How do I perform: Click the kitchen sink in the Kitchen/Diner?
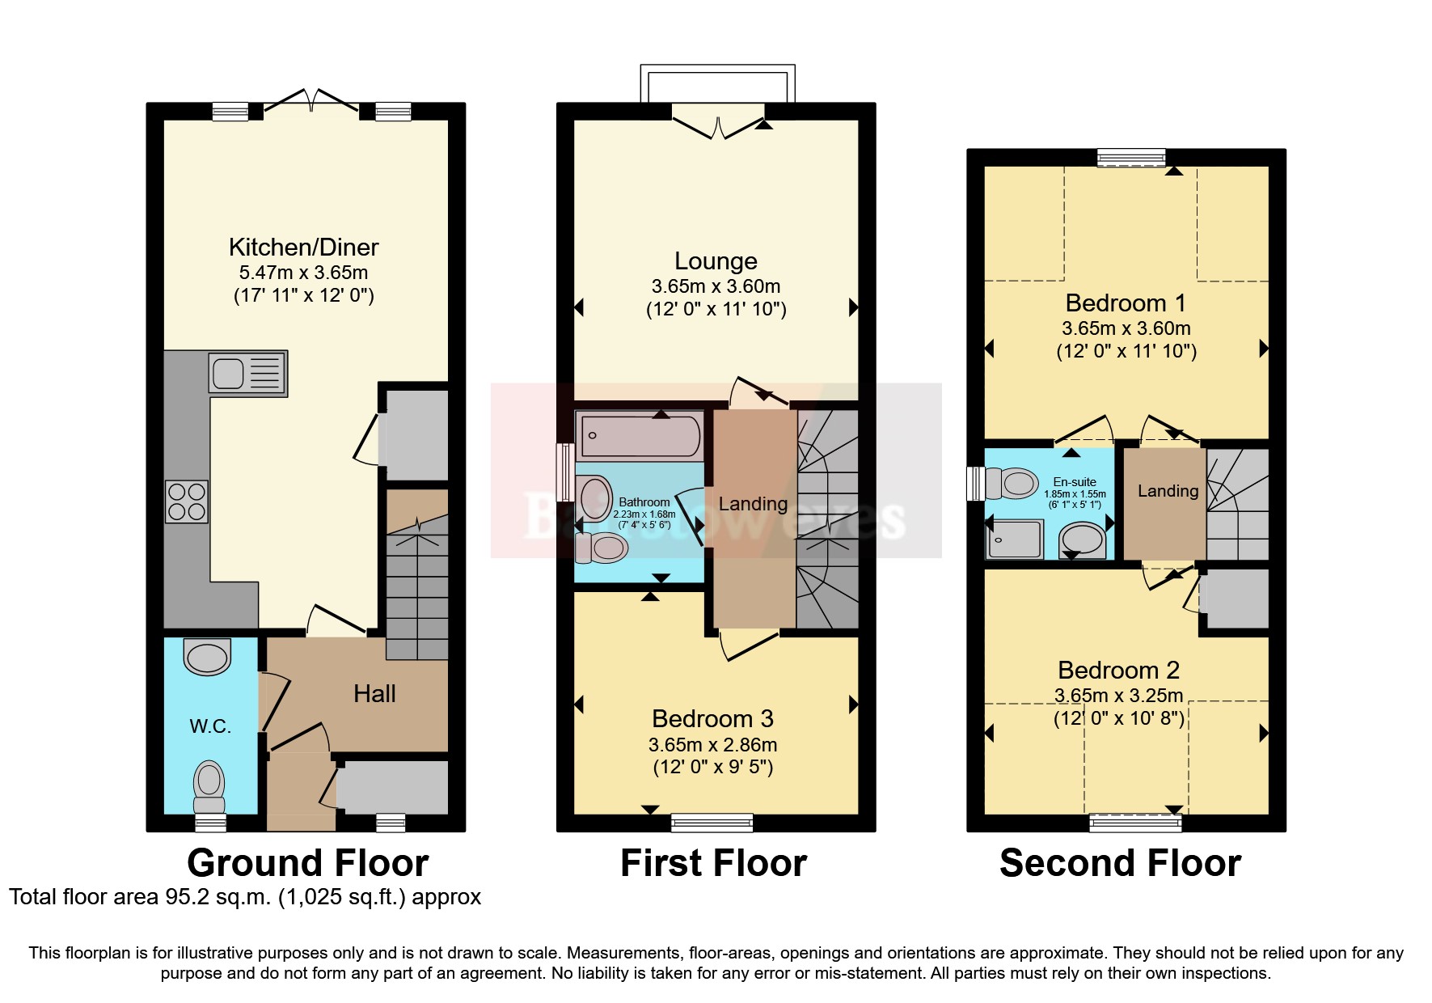pyautogui.click(x=247, y=373)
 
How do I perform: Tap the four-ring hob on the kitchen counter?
pyautogui.click(x=187, y=501)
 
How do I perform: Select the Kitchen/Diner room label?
pyautogui.click(x=303, y=247)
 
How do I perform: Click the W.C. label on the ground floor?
pyautogui.click(x=210, y=726)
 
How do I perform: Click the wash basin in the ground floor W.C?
pyautogui.click(x=207, y=656)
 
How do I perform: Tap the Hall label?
pyautogui.click(x=374, y=694)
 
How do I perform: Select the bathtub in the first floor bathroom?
pyautogui.click(x=639, y=436)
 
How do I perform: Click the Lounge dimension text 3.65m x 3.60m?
pyautogui.click(x=716, y=286)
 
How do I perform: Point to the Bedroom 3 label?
pyautogui.click(x=712, y=719)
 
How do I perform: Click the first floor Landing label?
pyautogui.click(x=753, y=504)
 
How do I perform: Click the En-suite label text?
pyautogui.click(x=1075, y=482)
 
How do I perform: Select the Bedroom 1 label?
pyautogui.click(x=1126, y=303)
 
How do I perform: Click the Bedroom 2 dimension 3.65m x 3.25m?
pyautogui.click(x=1118, y=696)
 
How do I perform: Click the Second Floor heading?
pyautogui.click(x=1120, y=863)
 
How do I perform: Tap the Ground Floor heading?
pyautogui.click(x=307, y=863)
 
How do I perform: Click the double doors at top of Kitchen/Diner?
pyautogui.click(x=311, y=100)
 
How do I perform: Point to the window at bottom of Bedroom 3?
pyautogui.click(x=712, y=823)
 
